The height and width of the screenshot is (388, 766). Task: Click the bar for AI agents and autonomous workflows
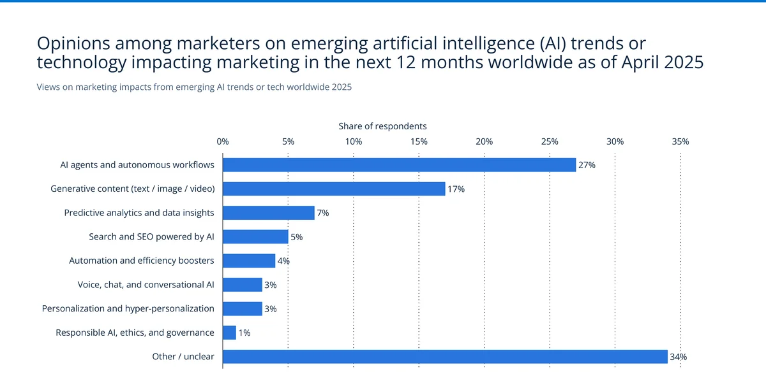click(399, 165)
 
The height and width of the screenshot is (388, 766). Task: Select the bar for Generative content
click(334, 189)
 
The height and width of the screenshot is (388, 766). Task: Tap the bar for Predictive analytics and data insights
click(268, 213)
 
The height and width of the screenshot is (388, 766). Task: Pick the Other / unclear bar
click(445, 357)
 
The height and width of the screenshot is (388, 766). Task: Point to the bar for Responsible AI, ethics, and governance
click(229, 333)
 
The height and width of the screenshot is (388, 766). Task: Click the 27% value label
click(587, 165)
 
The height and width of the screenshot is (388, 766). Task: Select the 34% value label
click(678, 357)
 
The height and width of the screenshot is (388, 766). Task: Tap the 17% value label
click(456, 189)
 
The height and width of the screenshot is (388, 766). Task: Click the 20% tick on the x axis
click(484, 141)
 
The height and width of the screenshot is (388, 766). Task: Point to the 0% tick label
click(223, 141)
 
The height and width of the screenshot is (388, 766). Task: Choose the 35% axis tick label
click(680, 141)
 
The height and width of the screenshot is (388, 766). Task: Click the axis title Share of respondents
click(382, 126)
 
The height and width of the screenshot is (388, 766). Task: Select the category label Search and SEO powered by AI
click(151, 237)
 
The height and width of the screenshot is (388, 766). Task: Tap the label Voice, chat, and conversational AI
click(146, 285)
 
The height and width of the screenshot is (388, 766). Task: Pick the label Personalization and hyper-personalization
click(128, 308)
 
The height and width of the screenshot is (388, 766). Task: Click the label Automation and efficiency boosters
click(141, 261)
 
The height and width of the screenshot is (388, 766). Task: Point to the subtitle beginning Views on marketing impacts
click(194, 87)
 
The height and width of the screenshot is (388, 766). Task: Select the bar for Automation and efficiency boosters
click(249, 261)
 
